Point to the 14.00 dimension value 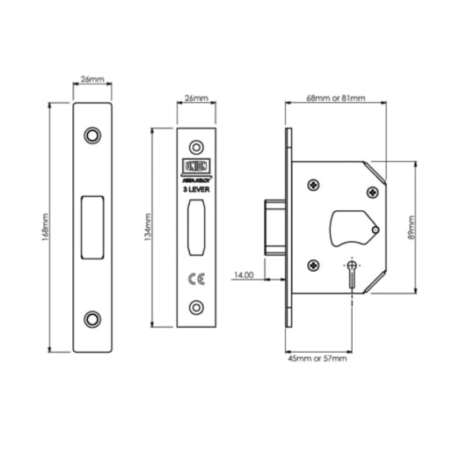[x=244, y=275]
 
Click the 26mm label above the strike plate [x=92, y=80]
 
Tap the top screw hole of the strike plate [x=92, y=135]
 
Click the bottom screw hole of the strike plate [x=92, y=318]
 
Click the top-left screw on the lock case [x=313, y=186]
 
